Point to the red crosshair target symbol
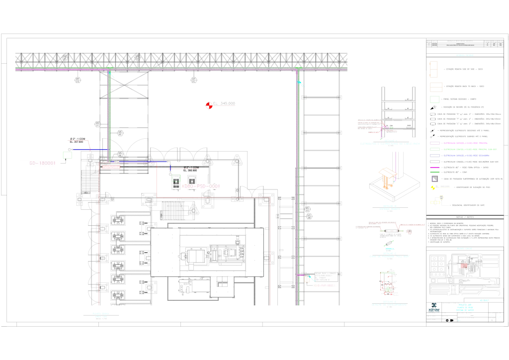(x=209, y=105)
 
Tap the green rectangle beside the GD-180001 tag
(x=67, y=155)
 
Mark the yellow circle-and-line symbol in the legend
(x=433, y=188)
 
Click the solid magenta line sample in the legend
(x=435, y=168)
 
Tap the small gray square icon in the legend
(x=434, y=179)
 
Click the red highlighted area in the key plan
(x=464, y=266)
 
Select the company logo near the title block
(x=434, y=307)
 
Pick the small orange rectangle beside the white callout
(x=307, y=279)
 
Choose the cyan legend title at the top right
(x=465, y=55)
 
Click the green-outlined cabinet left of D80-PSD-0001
(x=175, y=182)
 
